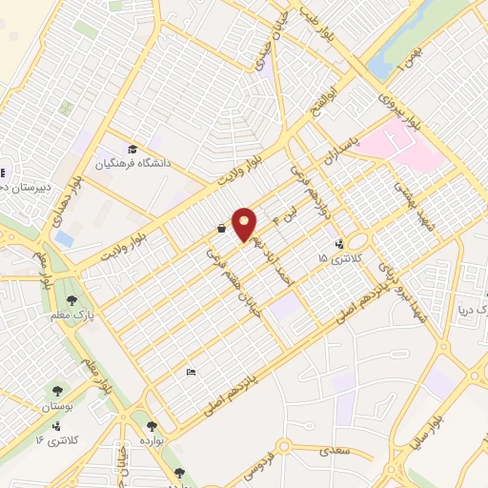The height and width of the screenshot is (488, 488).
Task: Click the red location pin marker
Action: click(245, 224)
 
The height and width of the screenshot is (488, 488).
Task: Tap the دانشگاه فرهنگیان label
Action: click(133, 164)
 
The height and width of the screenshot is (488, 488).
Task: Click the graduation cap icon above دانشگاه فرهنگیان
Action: click(132, 150)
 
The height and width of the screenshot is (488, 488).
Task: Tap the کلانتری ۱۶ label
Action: click(53, 439)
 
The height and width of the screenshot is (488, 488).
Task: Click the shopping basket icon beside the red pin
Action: click(221, 229)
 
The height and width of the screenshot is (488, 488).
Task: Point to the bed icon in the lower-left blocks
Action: click(191, 372)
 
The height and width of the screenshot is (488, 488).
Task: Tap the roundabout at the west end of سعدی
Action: click(282, 445)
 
